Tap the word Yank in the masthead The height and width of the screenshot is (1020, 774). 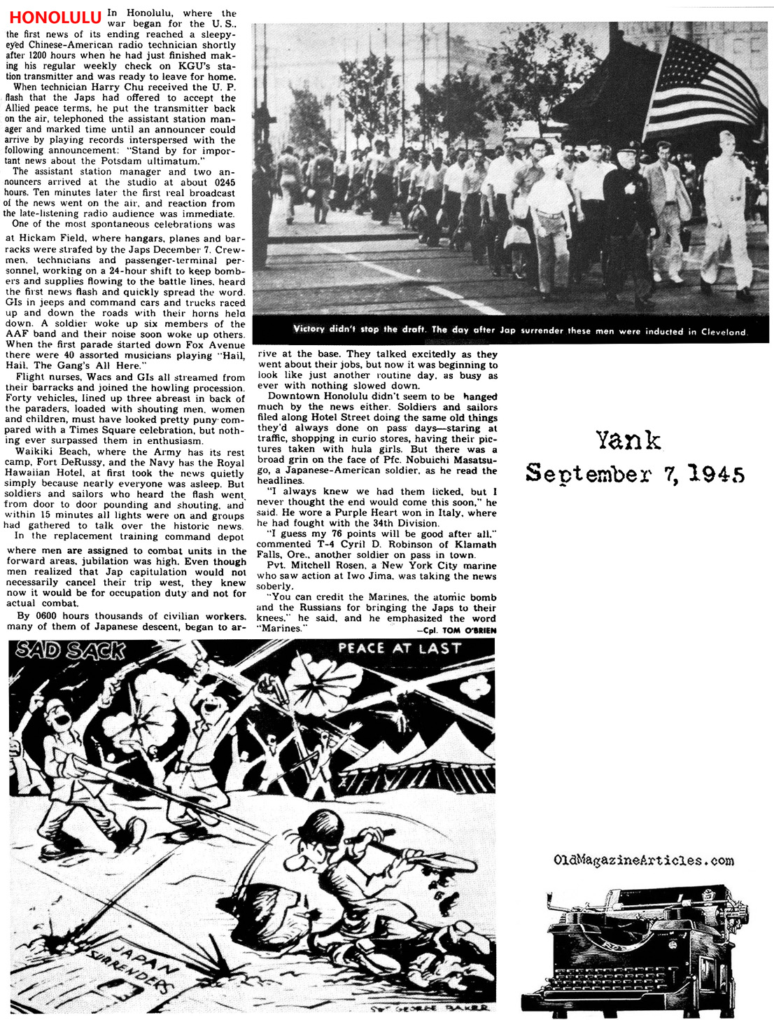coord(628,440)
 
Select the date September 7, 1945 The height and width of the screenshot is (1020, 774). coord(635,474)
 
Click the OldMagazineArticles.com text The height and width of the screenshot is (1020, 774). coord(643,860)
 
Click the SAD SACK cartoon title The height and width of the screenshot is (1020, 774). coord(70,650)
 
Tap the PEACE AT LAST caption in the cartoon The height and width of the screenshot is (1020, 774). coord(400,648)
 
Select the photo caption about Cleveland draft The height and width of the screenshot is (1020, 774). coord(520,330)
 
